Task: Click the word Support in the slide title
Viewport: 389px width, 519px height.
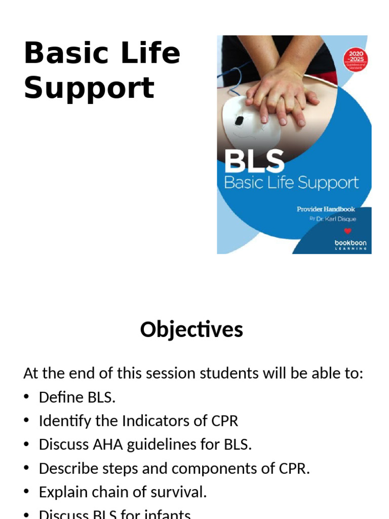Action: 89,88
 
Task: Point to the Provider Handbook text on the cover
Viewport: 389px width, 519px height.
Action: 326,209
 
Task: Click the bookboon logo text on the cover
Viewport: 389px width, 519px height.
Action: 351,243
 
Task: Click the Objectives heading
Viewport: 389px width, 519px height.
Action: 191,329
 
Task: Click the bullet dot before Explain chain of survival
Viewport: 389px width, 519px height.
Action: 27,492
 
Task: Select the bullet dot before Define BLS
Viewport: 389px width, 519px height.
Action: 27,397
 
